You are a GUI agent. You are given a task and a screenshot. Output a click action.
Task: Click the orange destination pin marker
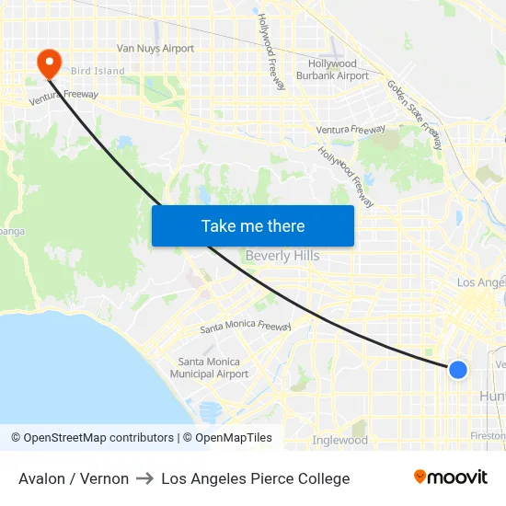pyautogui.click(x=48, y=63)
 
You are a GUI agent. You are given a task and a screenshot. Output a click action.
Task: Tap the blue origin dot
pyautogui.click(x=457, y=370)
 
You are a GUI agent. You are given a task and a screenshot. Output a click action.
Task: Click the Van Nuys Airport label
pyautogui.click(x=155, y=49)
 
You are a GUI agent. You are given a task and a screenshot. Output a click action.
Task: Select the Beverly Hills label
pyautogui.click(x=282, y=256)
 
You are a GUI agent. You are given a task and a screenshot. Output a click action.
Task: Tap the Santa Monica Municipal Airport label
pyautogui.click(x=210, y=368)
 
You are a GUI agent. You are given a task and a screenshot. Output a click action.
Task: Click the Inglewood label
pyautogui.click(x=340, y=440)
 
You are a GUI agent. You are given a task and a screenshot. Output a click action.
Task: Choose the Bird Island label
pyautogui.click(x=98, y=71)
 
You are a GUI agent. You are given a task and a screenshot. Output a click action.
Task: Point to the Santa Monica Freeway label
pyautogui.click(x=246, y=327)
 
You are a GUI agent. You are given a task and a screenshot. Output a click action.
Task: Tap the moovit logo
pyautogui.click(x=451, y=477)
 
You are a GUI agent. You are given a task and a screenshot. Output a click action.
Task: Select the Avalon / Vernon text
pyautogui.click(x=74, y=478)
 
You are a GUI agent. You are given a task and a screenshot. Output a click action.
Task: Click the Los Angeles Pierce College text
pyautogui.click(x=256, y=478)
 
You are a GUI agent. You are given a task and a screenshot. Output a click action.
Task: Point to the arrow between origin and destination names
pyautogui.click(x=144, y=478)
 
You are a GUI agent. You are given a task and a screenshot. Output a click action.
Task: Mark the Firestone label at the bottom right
pyautogui.click(x=488, y=435)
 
